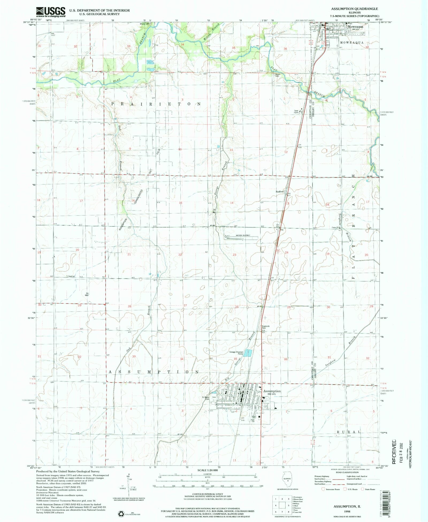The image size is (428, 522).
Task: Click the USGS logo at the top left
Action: [51, 12]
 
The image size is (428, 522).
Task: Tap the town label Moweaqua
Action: [355, 27]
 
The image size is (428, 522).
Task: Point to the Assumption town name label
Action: [272, 391]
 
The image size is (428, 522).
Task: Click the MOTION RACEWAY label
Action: [243, 235]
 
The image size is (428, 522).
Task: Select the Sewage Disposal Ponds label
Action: [236, 353]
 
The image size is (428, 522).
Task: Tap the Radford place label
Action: [280, 192]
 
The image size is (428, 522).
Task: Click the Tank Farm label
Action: [296, 112]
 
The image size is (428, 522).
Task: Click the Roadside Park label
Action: [265, 327]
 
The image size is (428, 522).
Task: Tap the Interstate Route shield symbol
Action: [323, 489]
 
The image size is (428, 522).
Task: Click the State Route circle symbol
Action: [363, 489]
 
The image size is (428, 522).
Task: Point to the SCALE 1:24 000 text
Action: [208, 470]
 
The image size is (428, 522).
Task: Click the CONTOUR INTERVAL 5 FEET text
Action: [207, 494]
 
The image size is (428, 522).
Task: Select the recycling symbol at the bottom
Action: [121, 513]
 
